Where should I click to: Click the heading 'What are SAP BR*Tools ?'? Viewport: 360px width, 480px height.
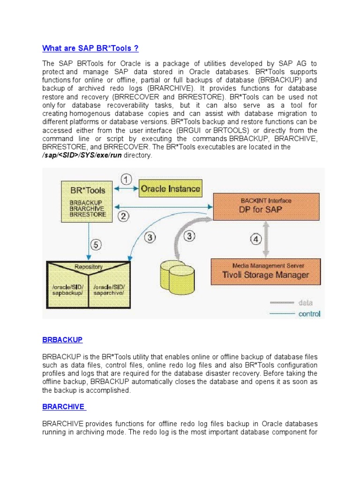tap(90, 48)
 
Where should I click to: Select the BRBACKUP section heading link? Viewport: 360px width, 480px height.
tap(62, 339)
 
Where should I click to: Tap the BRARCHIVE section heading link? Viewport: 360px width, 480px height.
tap(64, 406)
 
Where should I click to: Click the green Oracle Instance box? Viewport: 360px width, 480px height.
tap(171, 189)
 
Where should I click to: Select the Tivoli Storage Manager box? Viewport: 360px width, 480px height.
tap(266, 270)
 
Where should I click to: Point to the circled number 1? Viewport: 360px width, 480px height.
tap(127, 179)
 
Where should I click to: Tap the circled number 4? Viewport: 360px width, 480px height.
tap(255, 239)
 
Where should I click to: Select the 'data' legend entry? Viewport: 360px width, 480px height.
tap(305, 302)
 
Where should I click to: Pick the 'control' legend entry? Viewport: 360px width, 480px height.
tap(309, 314)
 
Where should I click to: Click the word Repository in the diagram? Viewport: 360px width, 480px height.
tap(89, 267)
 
